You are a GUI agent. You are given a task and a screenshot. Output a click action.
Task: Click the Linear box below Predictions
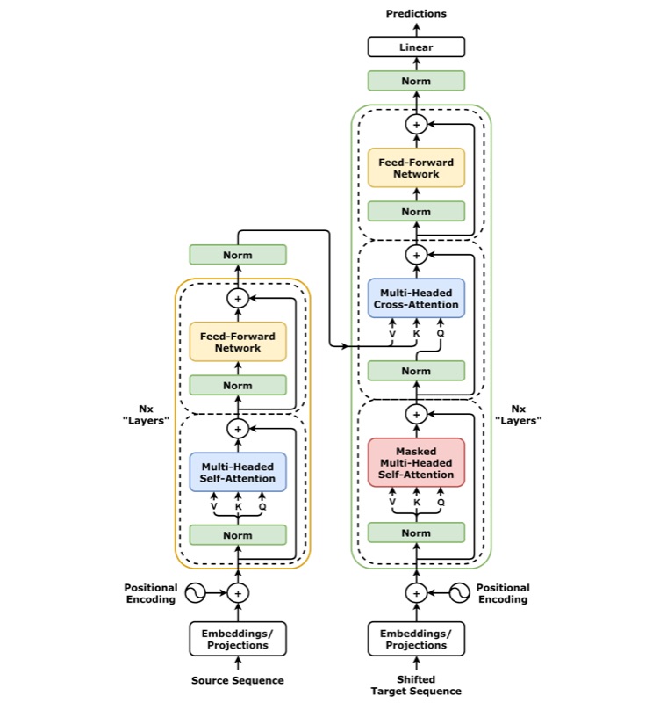(x=417, y=47)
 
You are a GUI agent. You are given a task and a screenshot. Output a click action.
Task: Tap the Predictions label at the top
(x=417, y=13)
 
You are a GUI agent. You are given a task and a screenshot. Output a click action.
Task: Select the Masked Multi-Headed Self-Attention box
(x=417, y=463)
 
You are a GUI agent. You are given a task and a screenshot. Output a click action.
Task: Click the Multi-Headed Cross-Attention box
(x=417, y=298)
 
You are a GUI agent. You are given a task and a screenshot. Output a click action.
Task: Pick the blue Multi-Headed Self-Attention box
(x=238, y=472)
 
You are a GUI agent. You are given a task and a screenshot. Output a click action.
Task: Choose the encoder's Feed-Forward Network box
(x=238, y=342)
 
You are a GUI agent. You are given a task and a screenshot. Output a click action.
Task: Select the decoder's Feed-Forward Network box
(x=417, y=168)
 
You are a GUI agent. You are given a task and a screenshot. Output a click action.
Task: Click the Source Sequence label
(x=238, y=680)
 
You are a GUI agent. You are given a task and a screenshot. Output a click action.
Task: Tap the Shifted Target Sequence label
(x=417, y=685)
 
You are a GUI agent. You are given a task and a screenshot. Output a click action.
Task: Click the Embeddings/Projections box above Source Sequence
(x=238, y=639)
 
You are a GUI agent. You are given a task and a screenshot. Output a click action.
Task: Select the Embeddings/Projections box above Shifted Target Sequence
(x=417, y=639)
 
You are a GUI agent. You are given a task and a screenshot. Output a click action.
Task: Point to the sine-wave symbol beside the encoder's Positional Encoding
(x=195, y=593)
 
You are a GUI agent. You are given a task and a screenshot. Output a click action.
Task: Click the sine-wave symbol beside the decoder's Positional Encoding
(x=460, y=593)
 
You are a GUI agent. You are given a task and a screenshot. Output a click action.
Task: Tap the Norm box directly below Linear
(x=417, y=81)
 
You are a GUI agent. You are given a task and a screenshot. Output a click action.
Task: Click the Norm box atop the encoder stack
(x=238, y=255)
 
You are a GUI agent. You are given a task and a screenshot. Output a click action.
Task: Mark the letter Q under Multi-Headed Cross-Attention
(x=440, y=334)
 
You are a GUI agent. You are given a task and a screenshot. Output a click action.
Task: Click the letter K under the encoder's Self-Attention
(x=238, y=506)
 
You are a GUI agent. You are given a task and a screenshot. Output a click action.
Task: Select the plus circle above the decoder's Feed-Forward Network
(x=417, y=125)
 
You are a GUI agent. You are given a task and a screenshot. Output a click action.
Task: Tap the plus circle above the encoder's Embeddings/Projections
(x=238, y=593)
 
